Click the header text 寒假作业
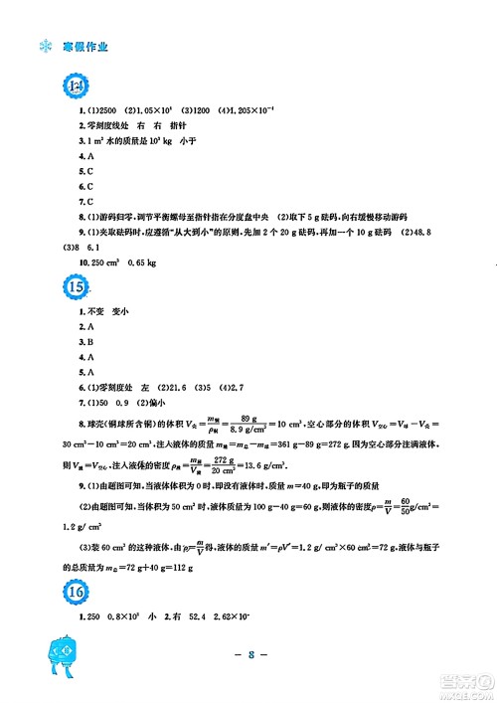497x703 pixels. (x=84, y=46)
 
